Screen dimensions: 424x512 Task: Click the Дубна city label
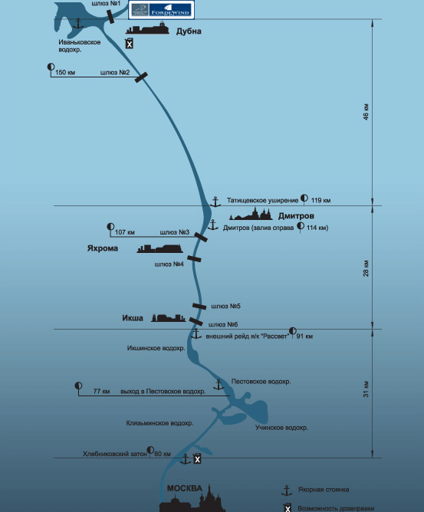pyautogui.click(x=189, y=31)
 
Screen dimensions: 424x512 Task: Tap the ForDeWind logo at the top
pyautogui.click(x=162, y=10)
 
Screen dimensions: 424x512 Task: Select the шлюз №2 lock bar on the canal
pyautogui.click(x=141, y=77)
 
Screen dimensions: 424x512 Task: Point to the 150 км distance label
pyautogui.click(x=65, y=72)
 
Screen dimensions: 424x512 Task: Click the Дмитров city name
pyautogui.click(x=296, y=216)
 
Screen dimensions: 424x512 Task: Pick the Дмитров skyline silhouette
pyautogui.click(x=251, y=214)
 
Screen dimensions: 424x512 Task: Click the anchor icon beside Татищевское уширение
pyautogui.click(x=215, y=202)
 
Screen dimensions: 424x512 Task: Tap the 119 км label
pyautogui.click(x=320, y=200)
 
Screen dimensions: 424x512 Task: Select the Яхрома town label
pyautogui.click(x=103, y=248)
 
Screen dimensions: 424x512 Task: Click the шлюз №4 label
pyautogui.click(x=169, y=264)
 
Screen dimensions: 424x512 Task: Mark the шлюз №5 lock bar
pyautogui.click(x=199, y=307)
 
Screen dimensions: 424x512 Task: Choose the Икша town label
pyautogui.click(x=133, y=318)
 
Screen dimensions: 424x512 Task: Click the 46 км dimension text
pyautogui.click(x=366, y=112)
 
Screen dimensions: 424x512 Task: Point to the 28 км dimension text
pyautogui.click(x=366, y=268)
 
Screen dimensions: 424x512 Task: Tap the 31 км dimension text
pyautogui.click(x=366, y=389)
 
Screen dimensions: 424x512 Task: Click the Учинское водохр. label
pyautogui.click(x=281, y=428)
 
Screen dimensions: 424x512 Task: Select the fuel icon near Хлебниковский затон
pyautogui.click(x=197, y=459)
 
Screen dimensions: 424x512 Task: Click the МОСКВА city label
pyautogui.click(x=185, y=488)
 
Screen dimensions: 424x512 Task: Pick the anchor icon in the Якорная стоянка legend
pyautogui.click(x=287, y=491)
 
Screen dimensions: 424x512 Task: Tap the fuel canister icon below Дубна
pyautogui.click(x=130, y=44)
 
